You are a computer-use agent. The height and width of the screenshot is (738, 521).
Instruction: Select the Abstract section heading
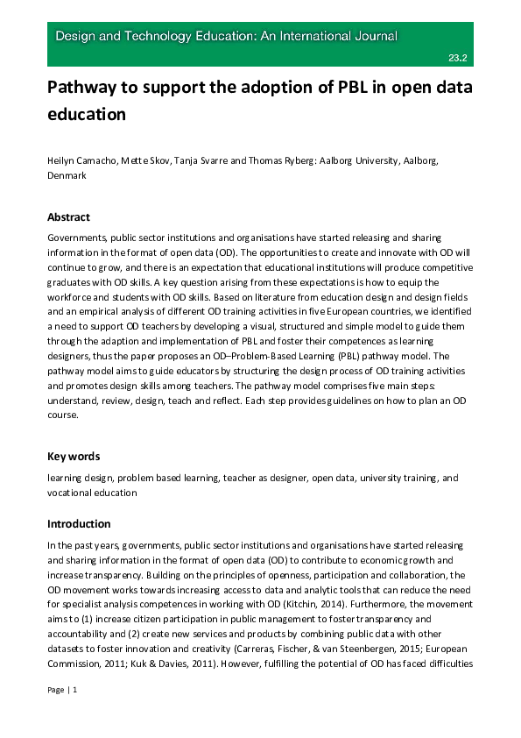(x=68, y=217)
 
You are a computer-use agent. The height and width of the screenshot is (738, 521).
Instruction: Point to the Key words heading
(x=74, y=456)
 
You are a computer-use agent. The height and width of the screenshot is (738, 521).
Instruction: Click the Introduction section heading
(x=80, y=523)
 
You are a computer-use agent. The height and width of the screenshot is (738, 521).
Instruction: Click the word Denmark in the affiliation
(x=67, y=176)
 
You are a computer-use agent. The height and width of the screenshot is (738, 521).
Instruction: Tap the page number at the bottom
(x=64, y=690)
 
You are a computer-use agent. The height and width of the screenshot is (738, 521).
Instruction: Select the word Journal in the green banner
(x=372, y=37)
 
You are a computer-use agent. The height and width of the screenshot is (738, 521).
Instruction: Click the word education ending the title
(x=87, y=114)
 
